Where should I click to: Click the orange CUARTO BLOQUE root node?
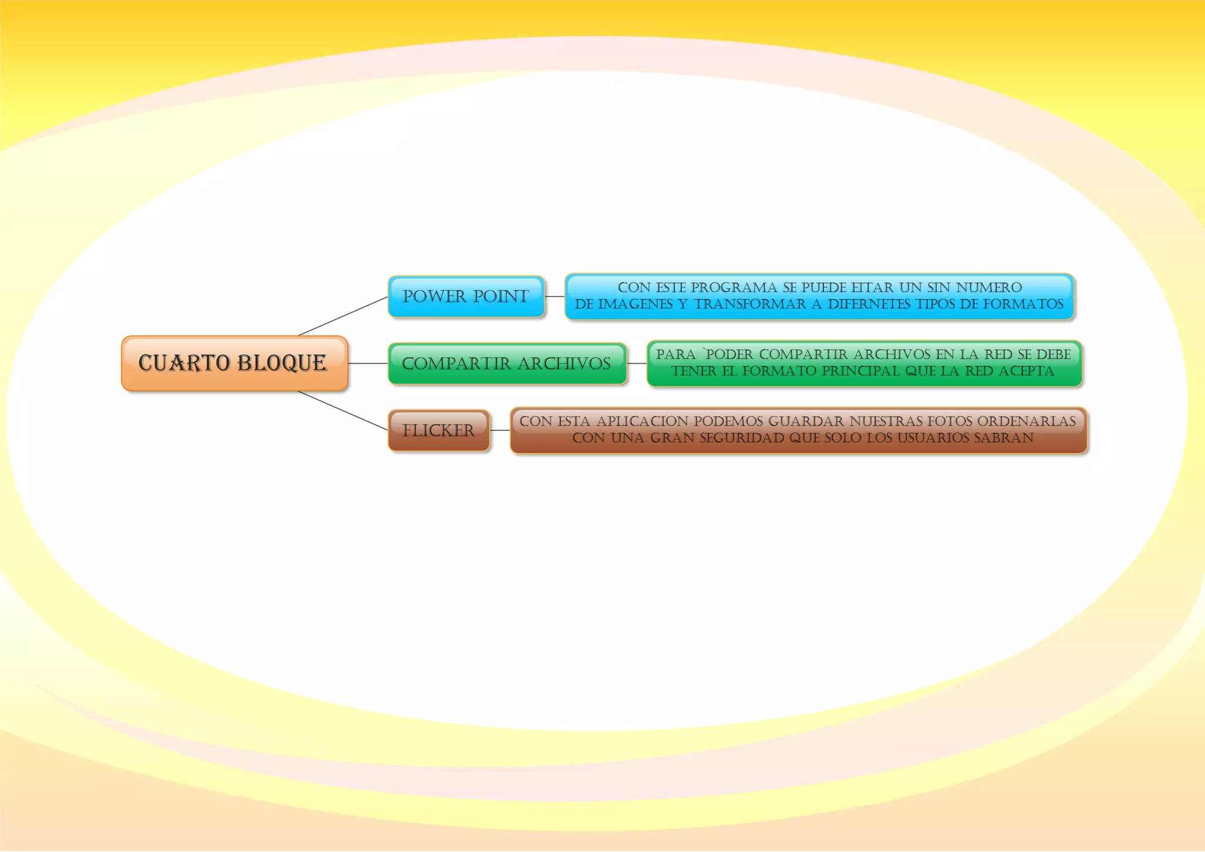point(234,363)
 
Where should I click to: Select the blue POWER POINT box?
point(466,297)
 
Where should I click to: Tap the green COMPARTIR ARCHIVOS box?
point(507,364)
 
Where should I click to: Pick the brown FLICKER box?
point(438,431)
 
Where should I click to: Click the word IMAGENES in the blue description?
point(635,304)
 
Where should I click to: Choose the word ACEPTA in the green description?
point(1026,371)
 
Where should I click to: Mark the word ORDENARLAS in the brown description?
point(1027,421)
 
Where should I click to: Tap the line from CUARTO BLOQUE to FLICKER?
point(343,411)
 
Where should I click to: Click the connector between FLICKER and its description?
point(500,431)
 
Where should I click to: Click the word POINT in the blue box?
point(501,297)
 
